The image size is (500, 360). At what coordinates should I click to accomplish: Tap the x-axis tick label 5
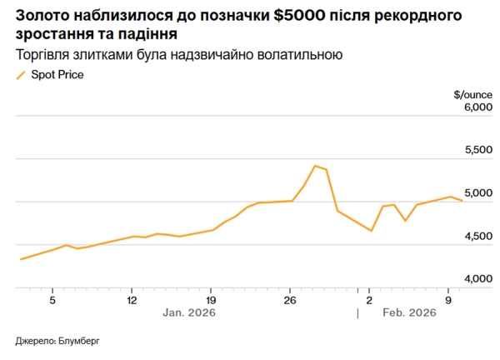pyautogui.click(x=52, y=299)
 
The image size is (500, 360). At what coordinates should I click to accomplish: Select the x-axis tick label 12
pyautogui.click(x=132, y=299)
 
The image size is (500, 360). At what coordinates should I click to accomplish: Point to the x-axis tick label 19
pyautogui.click(x=211, y=299)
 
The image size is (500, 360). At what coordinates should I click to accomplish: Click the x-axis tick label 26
pyautogui.click(x=290, y=299)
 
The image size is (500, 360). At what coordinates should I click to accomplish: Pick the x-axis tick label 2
pyautogui.click(x=369, y=299)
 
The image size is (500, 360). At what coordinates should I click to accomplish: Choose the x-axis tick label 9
pyautogui.click(x=448, y=299)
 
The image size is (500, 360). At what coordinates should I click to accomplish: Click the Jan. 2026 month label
pyautogui.click(x=189, y=313)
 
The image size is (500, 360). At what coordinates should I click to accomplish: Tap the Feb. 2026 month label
pyautogui.click(x=409, y=313)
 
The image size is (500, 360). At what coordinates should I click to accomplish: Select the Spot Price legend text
pyautogui.click(x=57, y=75)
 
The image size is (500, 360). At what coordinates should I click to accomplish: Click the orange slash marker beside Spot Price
pyautogui.click(x=21, y=75)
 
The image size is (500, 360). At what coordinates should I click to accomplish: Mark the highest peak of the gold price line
pyautogui.click(x=314, y=166)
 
